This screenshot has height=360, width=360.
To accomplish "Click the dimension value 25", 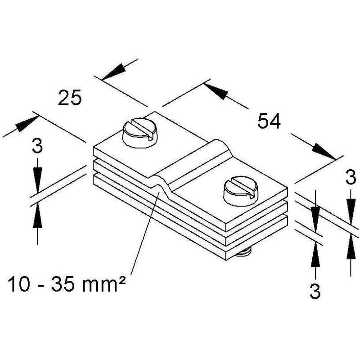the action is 70,98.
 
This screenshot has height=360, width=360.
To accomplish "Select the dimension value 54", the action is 269,121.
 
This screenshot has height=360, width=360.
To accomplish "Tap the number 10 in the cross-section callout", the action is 19,284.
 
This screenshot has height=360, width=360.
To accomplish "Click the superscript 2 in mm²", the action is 122,280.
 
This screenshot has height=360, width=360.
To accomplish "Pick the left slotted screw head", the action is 140,133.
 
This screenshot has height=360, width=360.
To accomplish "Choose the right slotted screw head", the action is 241,190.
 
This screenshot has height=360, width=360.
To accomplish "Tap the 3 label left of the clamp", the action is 37,146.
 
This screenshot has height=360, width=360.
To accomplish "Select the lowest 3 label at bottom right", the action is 315,291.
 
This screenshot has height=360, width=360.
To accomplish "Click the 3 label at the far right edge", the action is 351,177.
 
